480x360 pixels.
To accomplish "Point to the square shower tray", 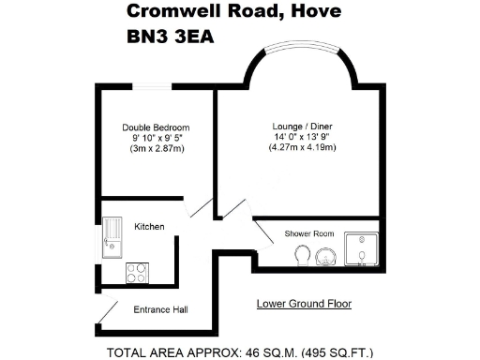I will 361,249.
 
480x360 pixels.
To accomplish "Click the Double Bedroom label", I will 157,127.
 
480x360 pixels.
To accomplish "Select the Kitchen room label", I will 150,227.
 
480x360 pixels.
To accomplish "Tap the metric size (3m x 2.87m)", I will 157,150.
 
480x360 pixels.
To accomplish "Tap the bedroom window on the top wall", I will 157,87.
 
